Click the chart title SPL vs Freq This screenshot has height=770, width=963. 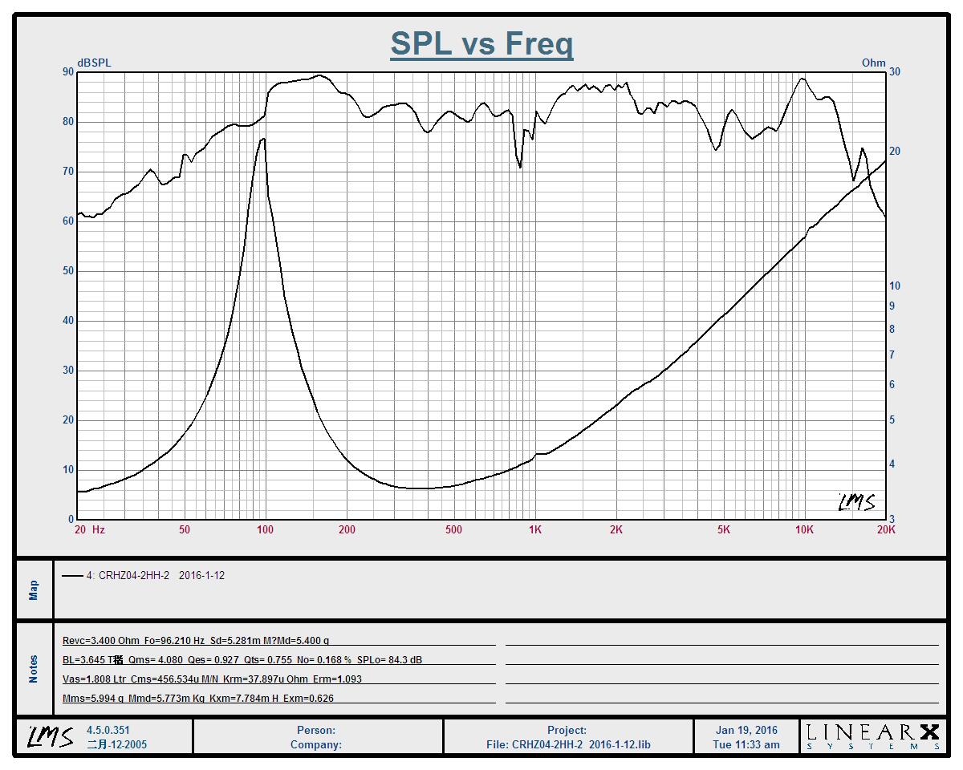click(x=481, y=43)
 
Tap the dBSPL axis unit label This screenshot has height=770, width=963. click(x=94, y=63)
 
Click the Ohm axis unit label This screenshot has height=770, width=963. click(x=873, y=63)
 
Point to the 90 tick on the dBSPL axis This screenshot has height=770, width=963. click(x=67, y=72)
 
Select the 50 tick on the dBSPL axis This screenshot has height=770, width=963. click(x=67, y=271)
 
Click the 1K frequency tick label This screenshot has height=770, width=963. click(x=534, y=529)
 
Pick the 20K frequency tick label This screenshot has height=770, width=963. click(x=886, y=529)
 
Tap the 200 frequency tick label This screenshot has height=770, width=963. click(x=347, y=529)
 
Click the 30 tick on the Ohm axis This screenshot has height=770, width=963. click(x=895, y=72)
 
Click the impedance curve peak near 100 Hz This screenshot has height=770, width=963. click(x=263, y=139)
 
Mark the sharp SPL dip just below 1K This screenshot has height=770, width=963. click(x=521, y=167)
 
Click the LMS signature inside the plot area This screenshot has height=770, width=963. click(x=855, y=502)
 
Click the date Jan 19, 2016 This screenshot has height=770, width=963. click(x=746, y=731)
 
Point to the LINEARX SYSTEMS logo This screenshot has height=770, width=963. click(x=872, y=736)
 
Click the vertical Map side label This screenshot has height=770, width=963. click(x=34, y=590)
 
